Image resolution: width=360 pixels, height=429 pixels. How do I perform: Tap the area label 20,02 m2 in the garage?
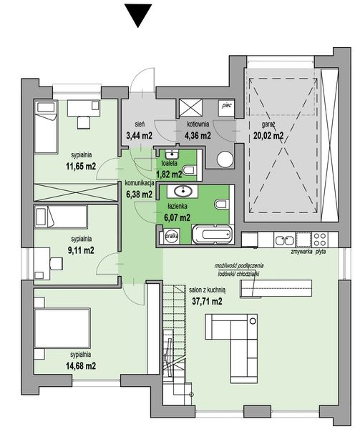point(268,134)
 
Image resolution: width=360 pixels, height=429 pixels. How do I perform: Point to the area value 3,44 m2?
point(139,134)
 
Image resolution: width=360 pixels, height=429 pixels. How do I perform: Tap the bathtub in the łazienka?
point(211,233)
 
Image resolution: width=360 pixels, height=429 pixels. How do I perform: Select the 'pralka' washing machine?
point(172,235)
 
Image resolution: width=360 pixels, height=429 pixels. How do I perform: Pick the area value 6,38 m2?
point(139,193)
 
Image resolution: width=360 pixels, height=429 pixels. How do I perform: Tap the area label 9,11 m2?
point(82,250)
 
